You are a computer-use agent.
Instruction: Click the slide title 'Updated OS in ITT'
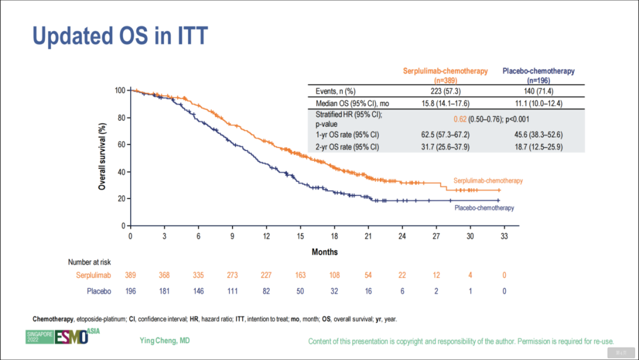120,36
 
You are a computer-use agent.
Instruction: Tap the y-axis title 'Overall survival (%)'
102,156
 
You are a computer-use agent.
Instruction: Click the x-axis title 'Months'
325,252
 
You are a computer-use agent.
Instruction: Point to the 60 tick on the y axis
122,144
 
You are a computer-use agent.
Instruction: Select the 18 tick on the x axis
334,236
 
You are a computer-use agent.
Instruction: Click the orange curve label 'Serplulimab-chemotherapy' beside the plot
488,181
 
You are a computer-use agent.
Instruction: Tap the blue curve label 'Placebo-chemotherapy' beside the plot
484,208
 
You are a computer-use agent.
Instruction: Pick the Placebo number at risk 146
198,291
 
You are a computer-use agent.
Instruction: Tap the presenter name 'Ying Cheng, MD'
165,340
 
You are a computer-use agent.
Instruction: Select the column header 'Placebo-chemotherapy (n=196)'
538,75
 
